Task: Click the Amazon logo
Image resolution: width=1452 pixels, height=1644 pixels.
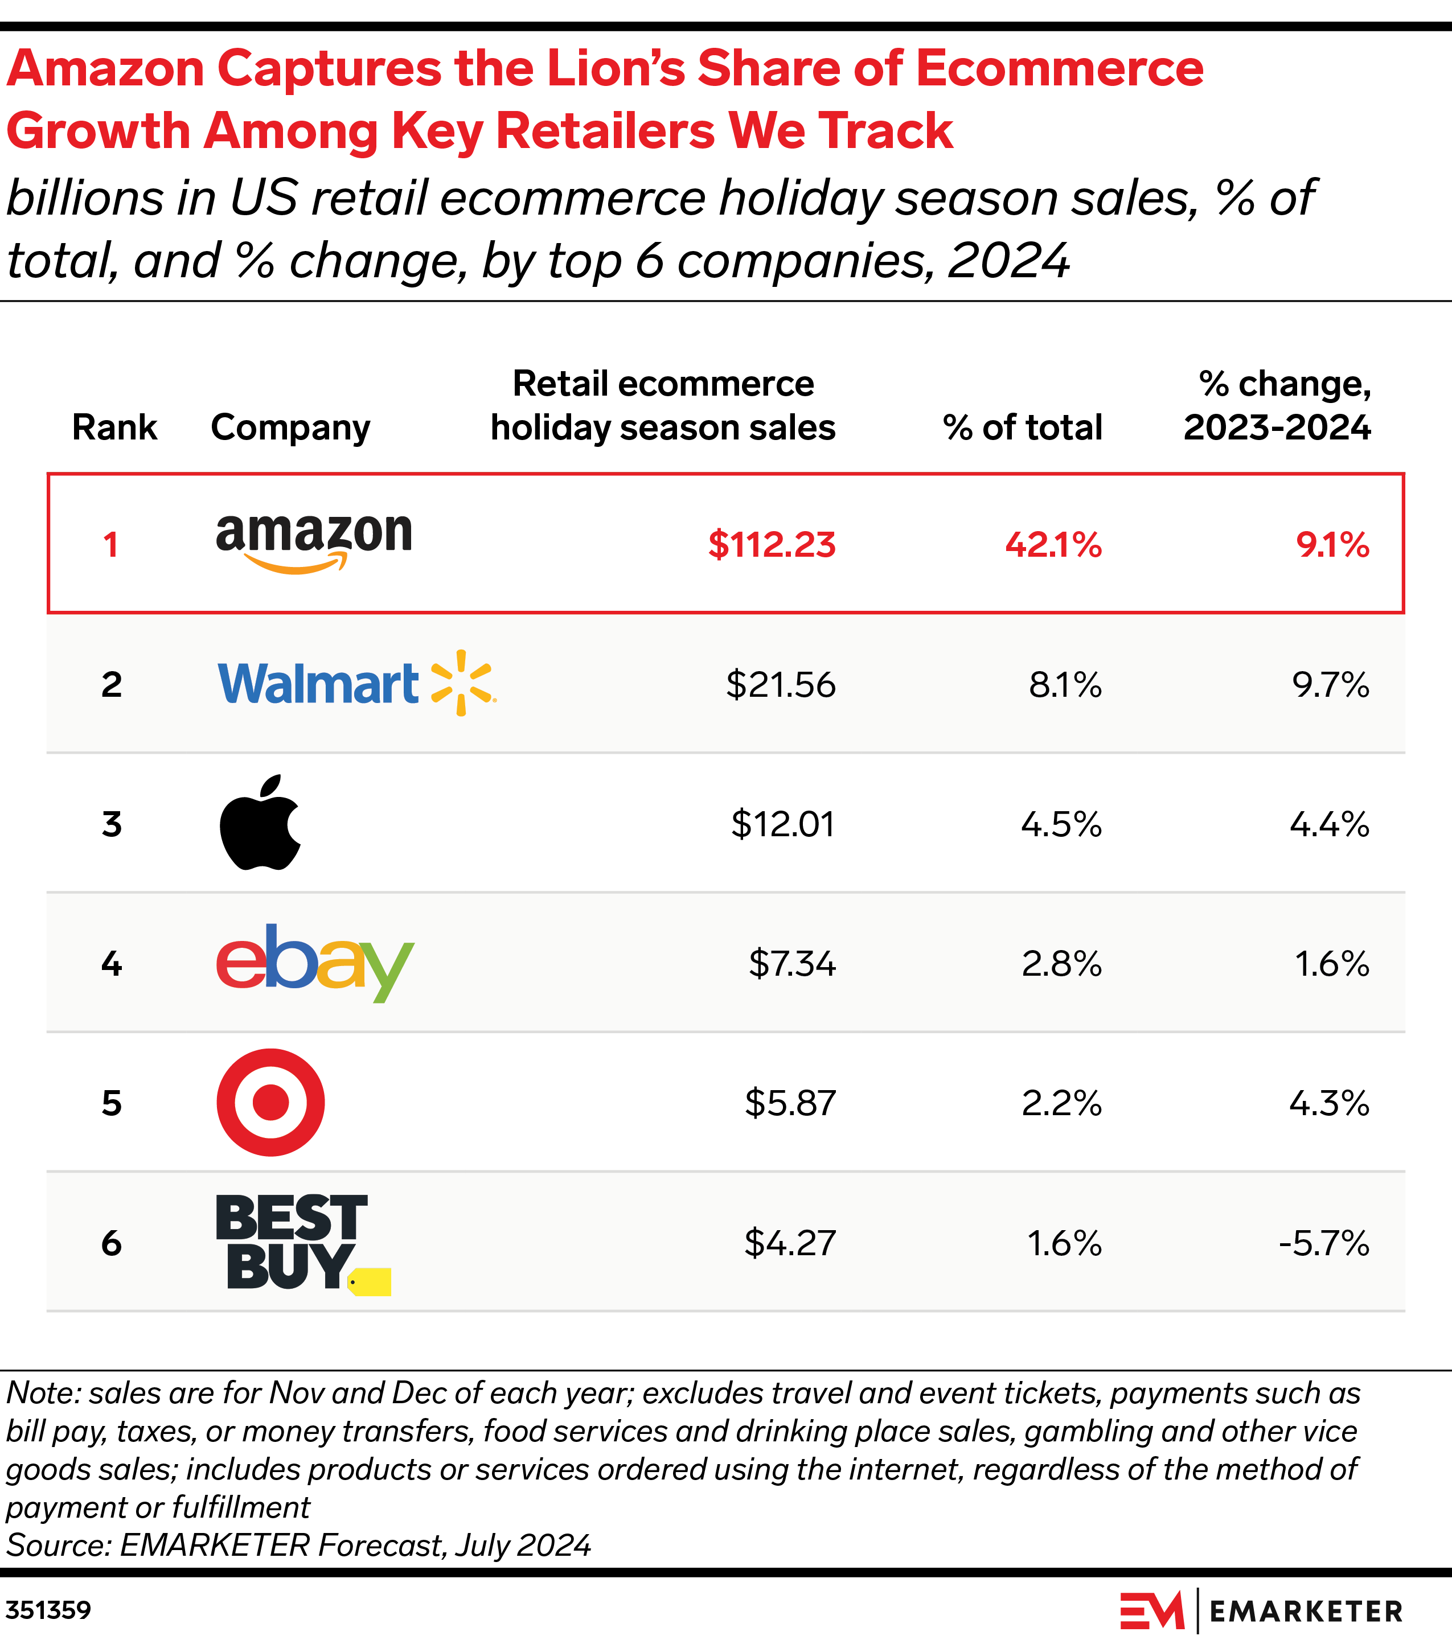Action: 314,542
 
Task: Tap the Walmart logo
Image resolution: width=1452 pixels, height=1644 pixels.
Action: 356,684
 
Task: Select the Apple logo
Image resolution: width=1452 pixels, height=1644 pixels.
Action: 260,823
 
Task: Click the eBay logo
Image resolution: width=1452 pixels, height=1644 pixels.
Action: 314,962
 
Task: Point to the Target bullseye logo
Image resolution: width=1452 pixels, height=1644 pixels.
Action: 270,1102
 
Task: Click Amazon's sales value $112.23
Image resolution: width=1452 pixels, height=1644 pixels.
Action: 772,545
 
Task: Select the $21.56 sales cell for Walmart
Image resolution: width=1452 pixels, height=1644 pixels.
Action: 780,684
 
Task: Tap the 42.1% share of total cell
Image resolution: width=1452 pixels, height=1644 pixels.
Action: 1053,545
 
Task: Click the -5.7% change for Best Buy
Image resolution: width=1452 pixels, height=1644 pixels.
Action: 1324,1243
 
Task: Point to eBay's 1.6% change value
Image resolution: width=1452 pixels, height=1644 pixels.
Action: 1331,964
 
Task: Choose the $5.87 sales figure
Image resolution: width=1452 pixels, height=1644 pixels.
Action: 790,1103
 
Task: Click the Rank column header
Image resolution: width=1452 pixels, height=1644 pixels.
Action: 114,427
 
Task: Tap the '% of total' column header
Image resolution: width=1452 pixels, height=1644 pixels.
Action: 1022,427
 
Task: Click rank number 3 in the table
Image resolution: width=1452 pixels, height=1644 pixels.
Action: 112,824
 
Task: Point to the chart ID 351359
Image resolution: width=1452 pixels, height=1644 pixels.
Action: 48,1610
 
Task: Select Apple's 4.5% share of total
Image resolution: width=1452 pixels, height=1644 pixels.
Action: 1061,824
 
